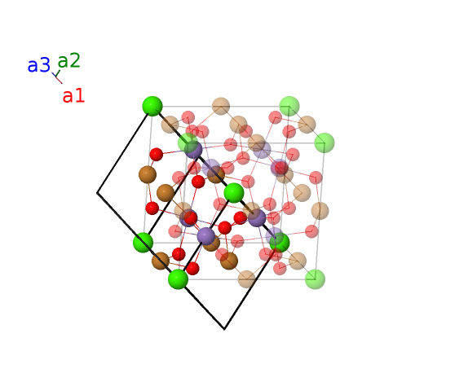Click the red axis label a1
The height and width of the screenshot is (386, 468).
73,96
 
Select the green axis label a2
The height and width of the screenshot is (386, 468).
69,60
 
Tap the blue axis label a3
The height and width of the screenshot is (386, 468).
39,65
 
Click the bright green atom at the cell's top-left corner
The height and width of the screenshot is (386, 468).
152,106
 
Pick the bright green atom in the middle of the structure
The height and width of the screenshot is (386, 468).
234,193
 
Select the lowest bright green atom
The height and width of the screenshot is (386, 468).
178,279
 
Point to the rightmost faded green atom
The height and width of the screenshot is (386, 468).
325,143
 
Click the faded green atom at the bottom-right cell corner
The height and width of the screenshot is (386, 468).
316,279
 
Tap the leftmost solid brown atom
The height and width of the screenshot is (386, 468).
148,174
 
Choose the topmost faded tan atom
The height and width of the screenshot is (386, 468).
221,106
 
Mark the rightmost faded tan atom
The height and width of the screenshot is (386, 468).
320,211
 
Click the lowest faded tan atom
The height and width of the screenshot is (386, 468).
246,279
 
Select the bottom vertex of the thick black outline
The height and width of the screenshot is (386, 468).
224,329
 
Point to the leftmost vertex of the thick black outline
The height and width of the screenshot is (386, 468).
97,193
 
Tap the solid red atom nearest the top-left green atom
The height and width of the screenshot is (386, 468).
156,155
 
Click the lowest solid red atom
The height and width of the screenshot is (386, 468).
192,268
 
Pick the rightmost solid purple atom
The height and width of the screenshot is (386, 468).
257,218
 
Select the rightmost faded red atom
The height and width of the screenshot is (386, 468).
316,178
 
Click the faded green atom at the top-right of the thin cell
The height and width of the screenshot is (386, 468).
289,106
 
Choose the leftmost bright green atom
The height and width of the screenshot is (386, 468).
143,243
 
